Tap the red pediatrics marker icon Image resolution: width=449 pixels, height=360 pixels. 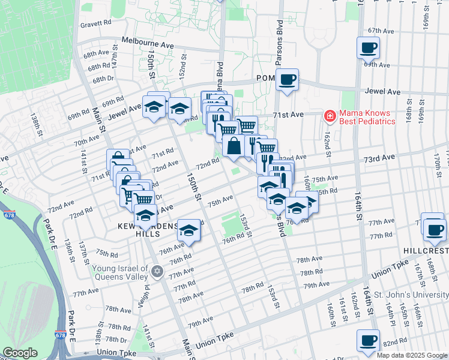(330, 114)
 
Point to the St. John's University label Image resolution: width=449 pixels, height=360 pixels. (411, 295)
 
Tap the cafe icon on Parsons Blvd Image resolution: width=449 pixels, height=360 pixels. (287, 79)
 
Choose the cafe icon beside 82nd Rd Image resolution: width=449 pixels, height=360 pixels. (368, 340)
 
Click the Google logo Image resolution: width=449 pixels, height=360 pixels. (20, 352)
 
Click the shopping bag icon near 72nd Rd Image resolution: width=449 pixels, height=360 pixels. (234, 146)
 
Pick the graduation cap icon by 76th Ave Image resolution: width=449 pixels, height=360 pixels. (188, 230)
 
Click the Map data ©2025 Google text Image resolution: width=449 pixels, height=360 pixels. (411, 355)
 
